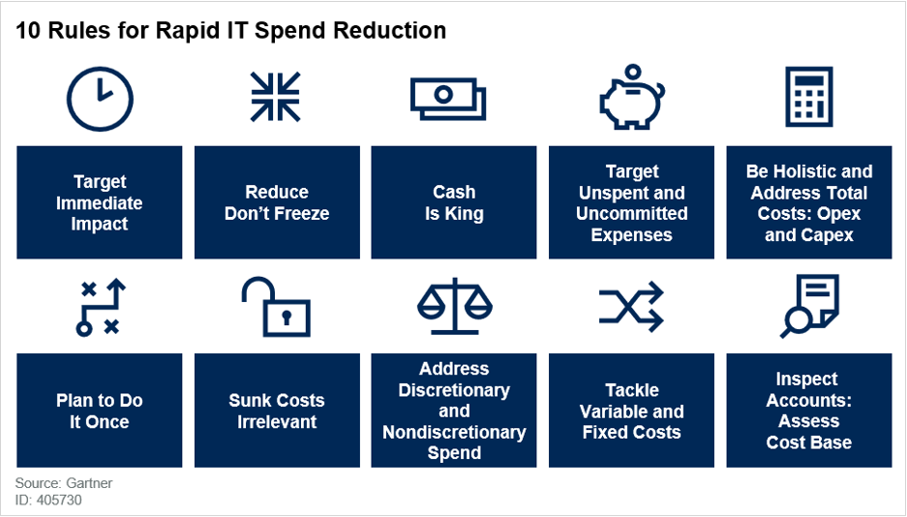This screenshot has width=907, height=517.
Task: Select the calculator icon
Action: tap(808, 97)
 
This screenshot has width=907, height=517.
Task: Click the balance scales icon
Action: tap(454, 306)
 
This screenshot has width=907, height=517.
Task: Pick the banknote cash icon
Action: tap(448, 99)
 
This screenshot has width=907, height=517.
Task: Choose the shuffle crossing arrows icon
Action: tap(631, 307)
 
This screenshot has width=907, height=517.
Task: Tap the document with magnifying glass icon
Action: tap(809, 306)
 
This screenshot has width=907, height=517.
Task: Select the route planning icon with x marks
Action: tap(100, 307)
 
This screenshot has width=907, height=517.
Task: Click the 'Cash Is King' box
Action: tap(454, 202)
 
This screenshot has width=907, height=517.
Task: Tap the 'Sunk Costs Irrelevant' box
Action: tap(277, 411)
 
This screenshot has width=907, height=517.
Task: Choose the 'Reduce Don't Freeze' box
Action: tap(277, 202)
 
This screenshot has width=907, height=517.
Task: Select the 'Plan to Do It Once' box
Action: tap(99, 411)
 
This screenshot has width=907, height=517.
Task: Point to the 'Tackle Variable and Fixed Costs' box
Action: tap(631, 411)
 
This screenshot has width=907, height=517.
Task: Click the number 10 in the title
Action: tap(28, 31)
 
